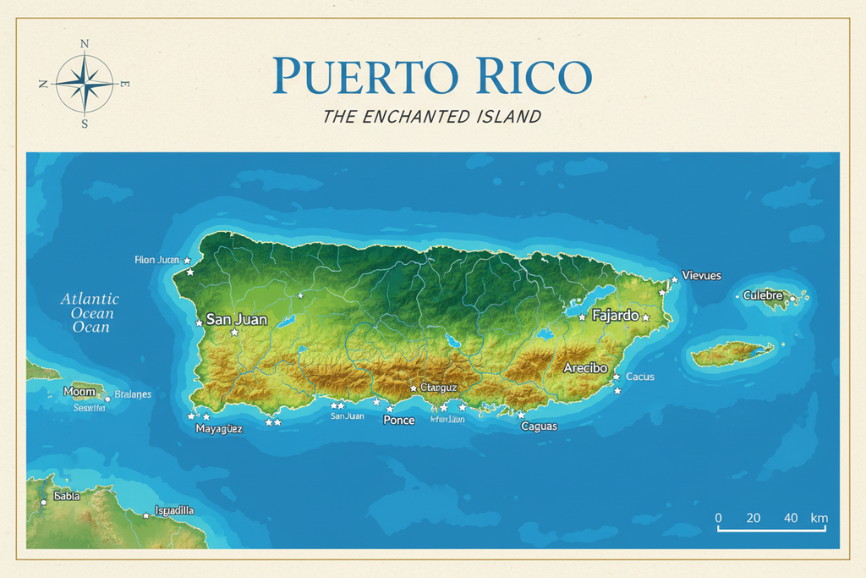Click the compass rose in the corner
click(85, 83)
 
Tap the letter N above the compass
click(85, 44)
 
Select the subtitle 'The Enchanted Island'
click(431, 117)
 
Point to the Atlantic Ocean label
click(90, 312)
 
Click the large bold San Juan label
click(237, 320)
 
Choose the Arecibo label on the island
click(585, 368)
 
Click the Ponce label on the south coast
click(399, 420)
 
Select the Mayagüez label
click(219, 428)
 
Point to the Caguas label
click(539, 426)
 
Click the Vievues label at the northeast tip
click(702, 276)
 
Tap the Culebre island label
click(763, 295)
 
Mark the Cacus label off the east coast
click(639, 377)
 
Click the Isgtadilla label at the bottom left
click(174, 510)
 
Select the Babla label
click(67, 496)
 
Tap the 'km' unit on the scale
click(819, 518)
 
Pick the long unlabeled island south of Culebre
click(732, 353)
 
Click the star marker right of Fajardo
click(645, 317)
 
